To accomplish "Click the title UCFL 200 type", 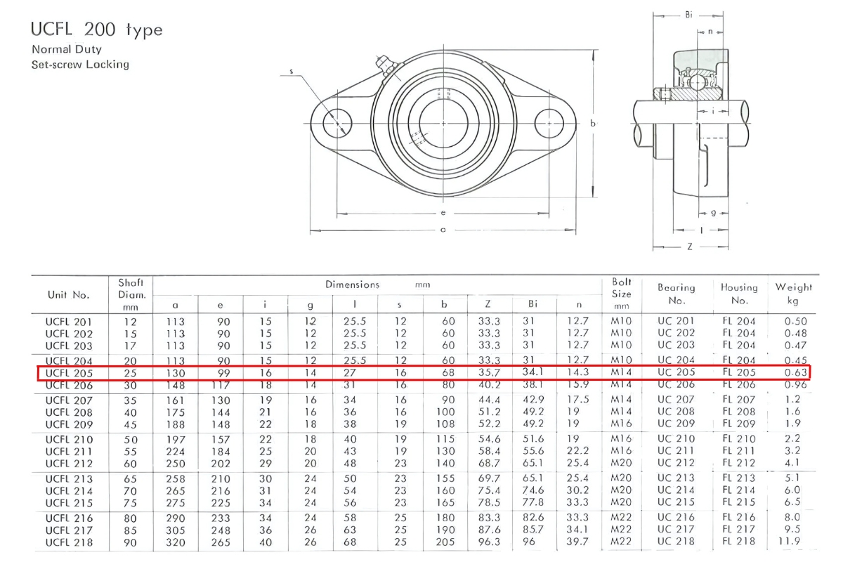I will [96, 30].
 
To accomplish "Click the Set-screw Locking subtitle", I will [80, 64].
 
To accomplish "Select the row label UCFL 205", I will [69, 372].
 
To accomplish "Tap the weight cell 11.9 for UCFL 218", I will [793, 542].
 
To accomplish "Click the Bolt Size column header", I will [622, 294].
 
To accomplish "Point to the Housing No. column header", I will [739, 294].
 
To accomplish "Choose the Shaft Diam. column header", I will [131, 294].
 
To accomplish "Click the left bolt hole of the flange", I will [337, 124].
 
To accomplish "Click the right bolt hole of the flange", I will [549, 124].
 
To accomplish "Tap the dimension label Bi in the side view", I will [688, 14].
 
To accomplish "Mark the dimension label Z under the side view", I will [691, 247].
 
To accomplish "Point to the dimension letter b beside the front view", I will [594, 124].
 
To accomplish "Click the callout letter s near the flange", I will [291, 71].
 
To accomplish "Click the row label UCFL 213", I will [69, 478].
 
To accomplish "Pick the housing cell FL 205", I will [738, 372].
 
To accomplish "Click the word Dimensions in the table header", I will [352, 285].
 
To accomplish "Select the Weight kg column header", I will [793, 294].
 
